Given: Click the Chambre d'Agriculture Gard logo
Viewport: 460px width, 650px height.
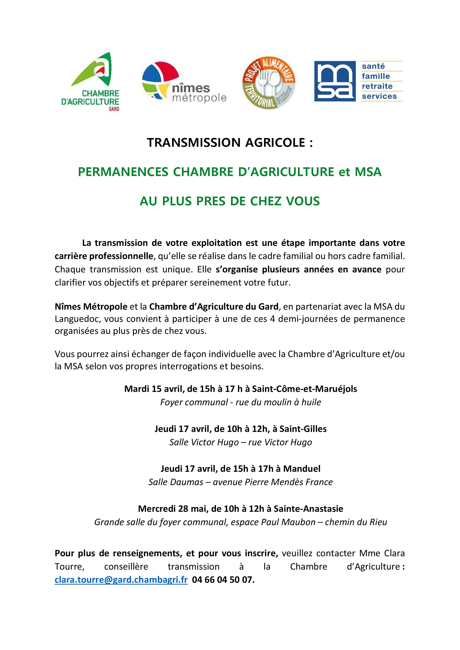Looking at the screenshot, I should (x=91, y=82).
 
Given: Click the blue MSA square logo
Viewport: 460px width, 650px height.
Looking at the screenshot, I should (x=335, y=81).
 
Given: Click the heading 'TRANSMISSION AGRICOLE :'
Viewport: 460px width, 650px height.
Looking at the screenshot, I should (x=230, y=143).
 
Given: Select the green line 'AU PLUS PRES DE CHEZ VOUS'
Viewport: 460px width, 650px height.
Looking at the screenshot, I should (x=230, y=201).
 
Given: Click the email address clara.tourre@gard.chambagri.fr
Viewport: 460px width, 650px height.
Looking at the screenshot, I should (x=121, y=580).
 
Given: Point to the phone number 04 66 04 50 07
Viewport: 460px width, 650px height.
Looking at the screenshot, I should (x=223, y=580).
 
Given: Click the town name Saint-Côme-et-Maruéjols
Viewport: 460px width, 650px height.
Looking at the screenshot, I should (x=304, y=389).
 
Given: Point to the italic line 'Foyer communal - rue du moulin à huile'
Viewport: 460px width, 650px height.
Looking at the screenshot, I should (x=240, y=402).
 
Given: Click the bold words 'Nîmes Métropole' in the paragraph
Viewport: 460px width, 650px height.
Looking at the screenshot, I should (x=91, y=307).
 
